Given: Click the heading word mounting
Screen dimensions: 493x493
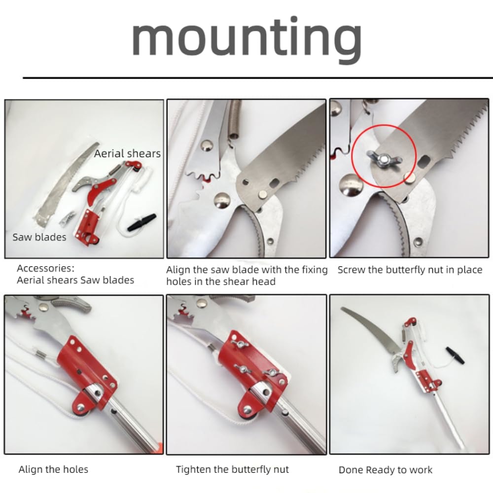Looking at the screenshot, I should pos(246,38).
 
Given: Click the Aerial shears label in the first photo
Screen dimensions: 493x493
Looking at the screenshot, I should pos(127,154).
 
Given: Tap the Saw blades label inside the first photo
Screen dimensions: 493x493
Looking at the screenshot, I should pos(39,237).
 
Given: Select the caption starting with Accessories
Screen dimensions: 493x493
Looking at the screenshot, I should pos(75,275).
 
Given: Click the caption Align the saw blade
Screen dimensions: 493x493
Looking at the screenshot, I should pos(246,276).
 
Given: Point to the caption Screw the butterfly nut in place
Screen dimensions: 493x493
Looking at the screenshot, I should pos(410,270).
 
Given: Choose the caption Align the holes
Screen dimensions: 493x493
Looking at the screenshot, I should pos(53,469).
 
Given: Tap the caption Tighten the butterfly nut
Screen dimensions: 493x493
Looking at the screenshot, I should pos(232,469).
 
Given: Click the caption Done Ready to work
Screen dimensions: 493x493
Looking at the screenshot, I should pos(386,470).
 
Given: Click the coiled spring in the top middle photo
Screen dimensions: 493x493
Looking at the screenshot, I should pos(236,119).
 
